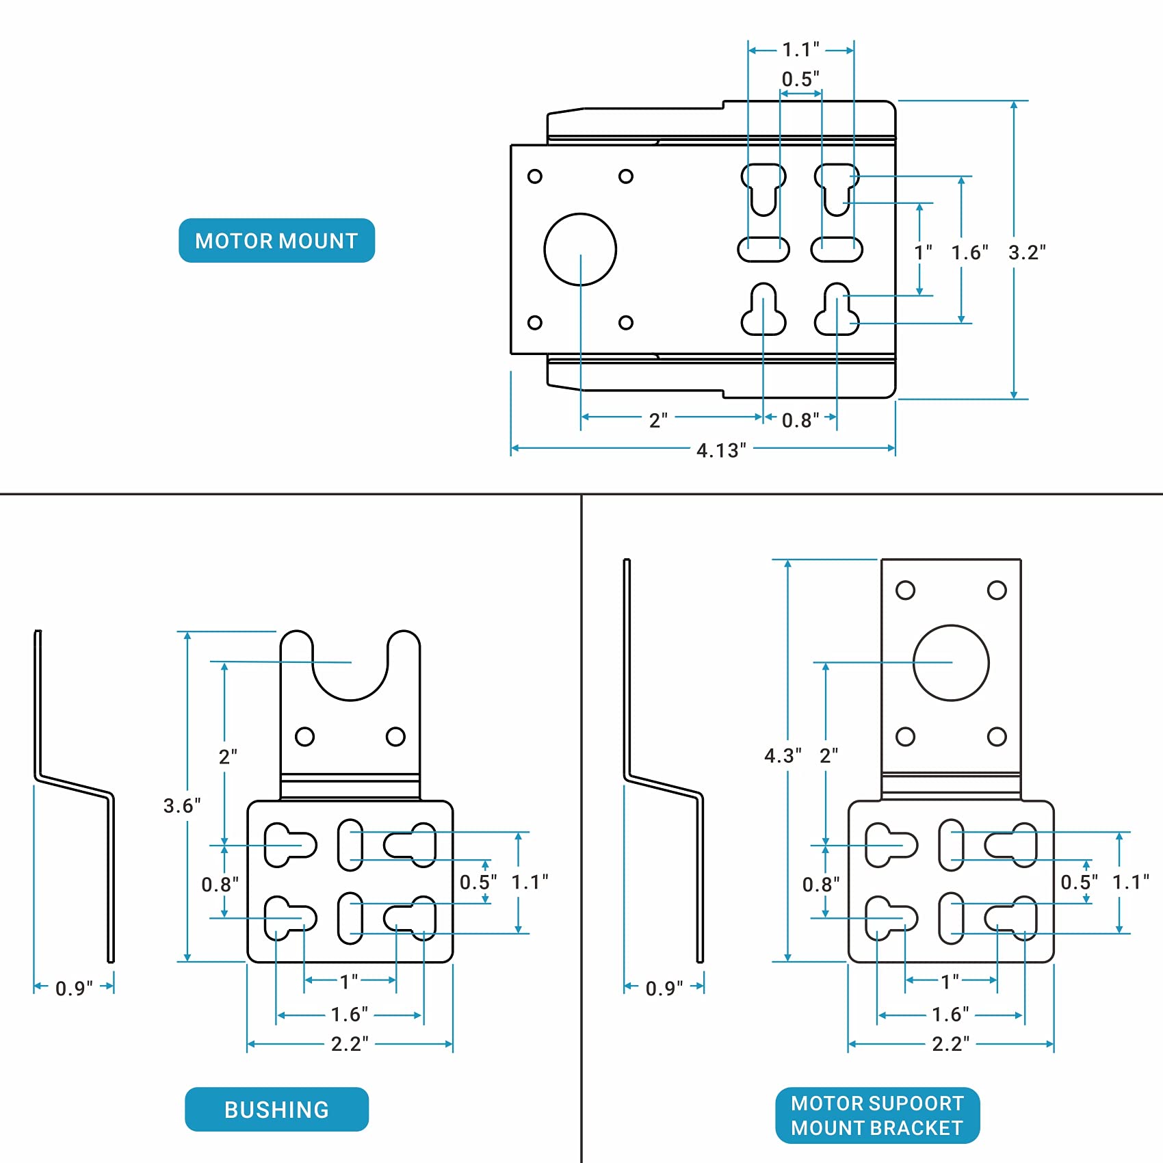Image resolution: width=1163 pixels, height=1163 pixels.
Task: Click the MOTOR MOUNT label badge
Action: [x=276, y=240]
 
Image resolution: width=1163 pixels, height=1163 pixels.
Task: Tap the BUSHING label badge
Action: [x=276, y=1109]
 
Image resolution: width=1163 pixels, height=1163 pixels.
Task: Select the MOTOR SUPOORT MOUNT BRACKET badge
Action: [x=877, y=1115]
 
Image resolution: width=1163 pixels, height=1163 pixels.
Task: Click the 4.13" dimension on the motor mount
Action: [x=721, y=450]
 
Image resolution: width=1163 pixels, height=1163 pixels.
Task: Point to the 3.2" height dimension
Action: [x=1027, y=252]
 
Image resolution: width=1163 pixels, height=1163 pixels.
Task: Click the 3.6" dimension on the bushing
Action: [x=182, y=805]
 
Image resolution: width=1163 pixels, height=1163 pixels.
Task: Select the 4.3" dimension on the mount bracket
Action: [x=783, y=755]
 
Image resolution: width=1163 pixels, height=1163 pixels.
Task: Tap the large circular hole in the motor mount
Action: [x=580, y=249]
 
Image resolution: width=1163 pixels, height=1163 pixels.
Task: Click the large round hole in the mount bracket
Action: [x=951, y=662]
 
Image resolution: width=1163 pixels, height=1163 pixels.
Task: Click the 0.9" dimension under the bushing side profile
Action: [x=74, y=988]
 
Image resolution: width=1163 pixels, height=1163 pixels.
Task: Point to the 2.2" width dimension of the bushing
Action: [x=350, y=1043]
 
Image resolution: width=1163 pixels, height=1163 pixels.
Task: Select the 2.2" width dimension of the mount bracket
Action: [x=951, y=1043]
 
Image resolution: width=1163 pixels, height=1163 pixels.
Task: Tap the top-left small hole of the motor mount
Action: [x=535, y=176]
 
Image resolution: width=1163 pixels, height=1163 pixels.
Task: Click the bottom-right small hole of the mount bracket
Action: [x=997, y=736]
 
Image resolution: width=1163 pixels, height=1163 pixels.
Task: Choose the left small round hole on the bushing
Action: [x=304, y=736]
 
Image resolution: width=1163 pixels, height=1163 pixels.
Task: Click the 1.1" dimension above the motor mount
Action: [x=800, y=49]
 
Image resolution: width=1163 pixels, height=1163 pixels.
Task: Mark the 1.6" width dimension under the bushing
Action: [x=350, y=1014]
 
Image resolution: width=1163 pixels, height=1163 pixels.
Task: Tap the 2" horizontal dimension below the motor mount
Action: [x=658, y=420]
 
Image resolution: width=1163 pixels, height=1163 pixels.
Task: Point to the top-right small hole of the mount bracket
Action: [x=997, y=590]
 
